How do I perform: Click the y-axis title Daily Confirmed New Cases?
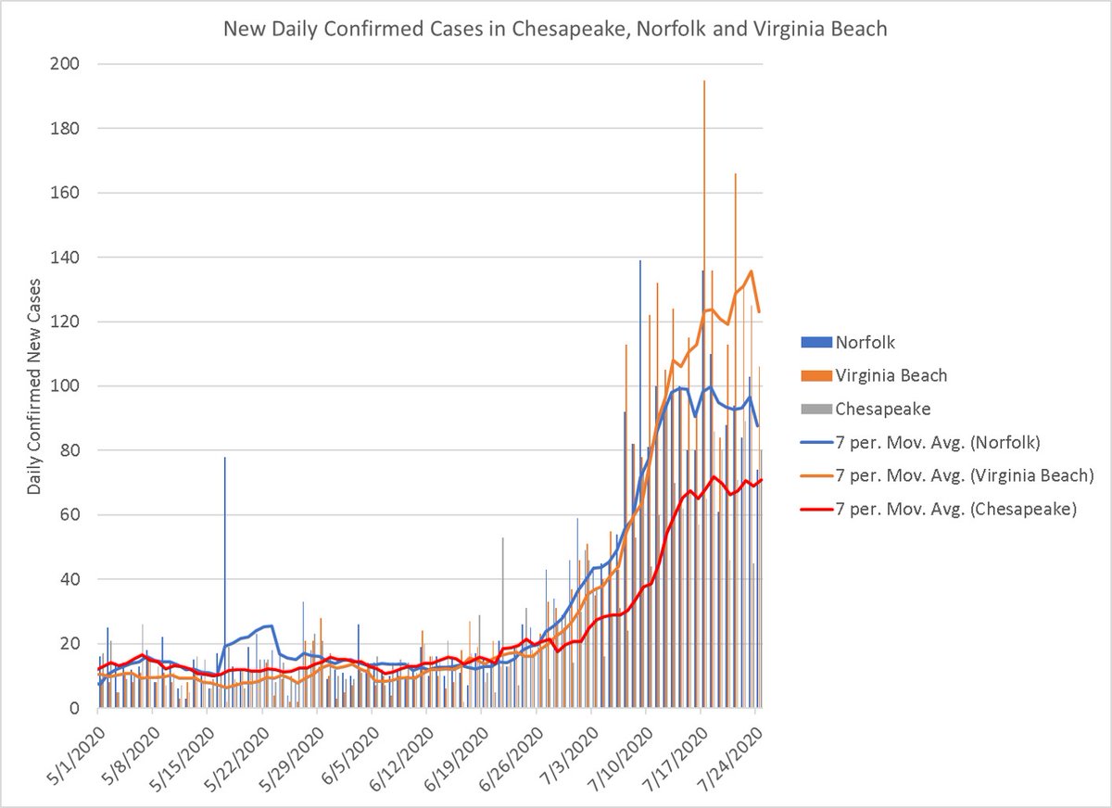[34, 385]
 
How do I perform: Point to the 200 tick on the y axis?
[68, 64]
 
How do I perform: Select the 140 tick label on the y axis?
[68, 257]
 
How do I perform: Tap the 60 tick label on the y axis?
[72, 514]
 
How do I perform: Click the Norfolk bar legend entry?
[865, 342]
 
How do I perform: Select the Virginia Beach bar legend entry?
[891, 375]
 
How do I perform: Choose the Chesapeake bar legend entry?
[881, 409]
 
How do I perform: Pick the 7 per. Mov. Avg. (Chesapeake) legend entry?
[954, 509]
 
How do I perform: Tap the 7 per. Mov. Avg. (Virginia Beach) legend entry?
[964, 475]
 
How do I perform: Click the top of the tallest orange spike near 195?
[704, 82]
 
